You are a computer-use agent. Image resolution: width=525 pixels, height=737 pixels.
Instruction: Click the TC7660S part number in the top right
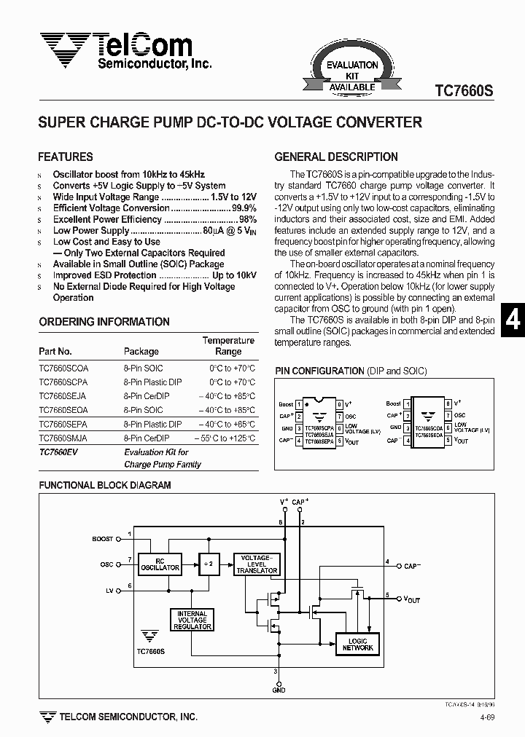pyautogui.click(x=464, y=91)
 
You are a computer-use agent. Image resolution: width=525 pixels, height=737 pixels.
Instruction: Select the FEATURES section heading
pyautogui.click(x=66, y=157)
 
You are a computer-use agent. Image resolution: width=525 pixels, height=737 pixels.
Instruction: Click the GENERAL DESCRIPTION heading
pyautogui.click(x=336, y=157)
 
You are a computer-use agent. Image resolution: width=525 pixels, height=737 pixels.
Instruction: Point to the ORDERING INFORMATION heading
pyautogui.click(x=104, y=322)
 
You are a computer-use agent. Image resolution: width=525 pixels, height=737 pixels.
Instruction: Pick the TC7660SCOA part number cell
pyautogui.click(x=63, y=368)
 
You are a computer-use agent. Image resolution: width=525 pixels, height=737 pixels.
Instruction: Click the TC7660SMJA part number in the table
pyautogui.click(x=63, y=438)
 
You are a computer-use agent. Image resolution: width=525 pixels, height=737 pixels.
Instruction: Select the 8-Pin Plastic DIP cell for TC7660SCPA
pyautogui.click(x=152, y=382)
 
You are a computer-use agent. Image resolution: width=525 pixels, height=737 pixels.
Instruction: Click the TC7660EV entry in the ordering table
pyautogui.click(x=58, y=452)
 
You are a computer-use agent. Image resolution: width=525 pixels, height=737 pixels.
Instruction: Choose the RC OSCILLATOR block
pyautogui.click(x=160, y=564)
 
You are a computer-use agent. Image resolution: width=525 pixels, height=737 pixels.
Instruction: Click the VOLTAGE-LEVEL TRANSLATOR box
pyautogui.click(x=257, y=564)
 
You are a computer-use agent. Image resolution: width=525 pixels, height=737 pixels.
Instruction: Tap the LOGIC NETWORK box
pyautogui.click(x=357, y=644)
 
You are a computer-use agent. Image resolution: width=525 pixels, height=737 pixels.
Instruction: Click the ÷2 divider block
pyautogui.click(x=209, y=564)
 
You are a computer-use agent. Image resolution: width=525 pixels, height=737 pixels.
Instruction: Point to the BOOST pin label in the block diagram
pyautogui.click(x=103, y=539)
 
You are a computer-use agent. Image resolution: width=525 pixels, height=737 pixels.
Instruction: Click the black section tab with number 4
pyautogui.click(x=513, y=320)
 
